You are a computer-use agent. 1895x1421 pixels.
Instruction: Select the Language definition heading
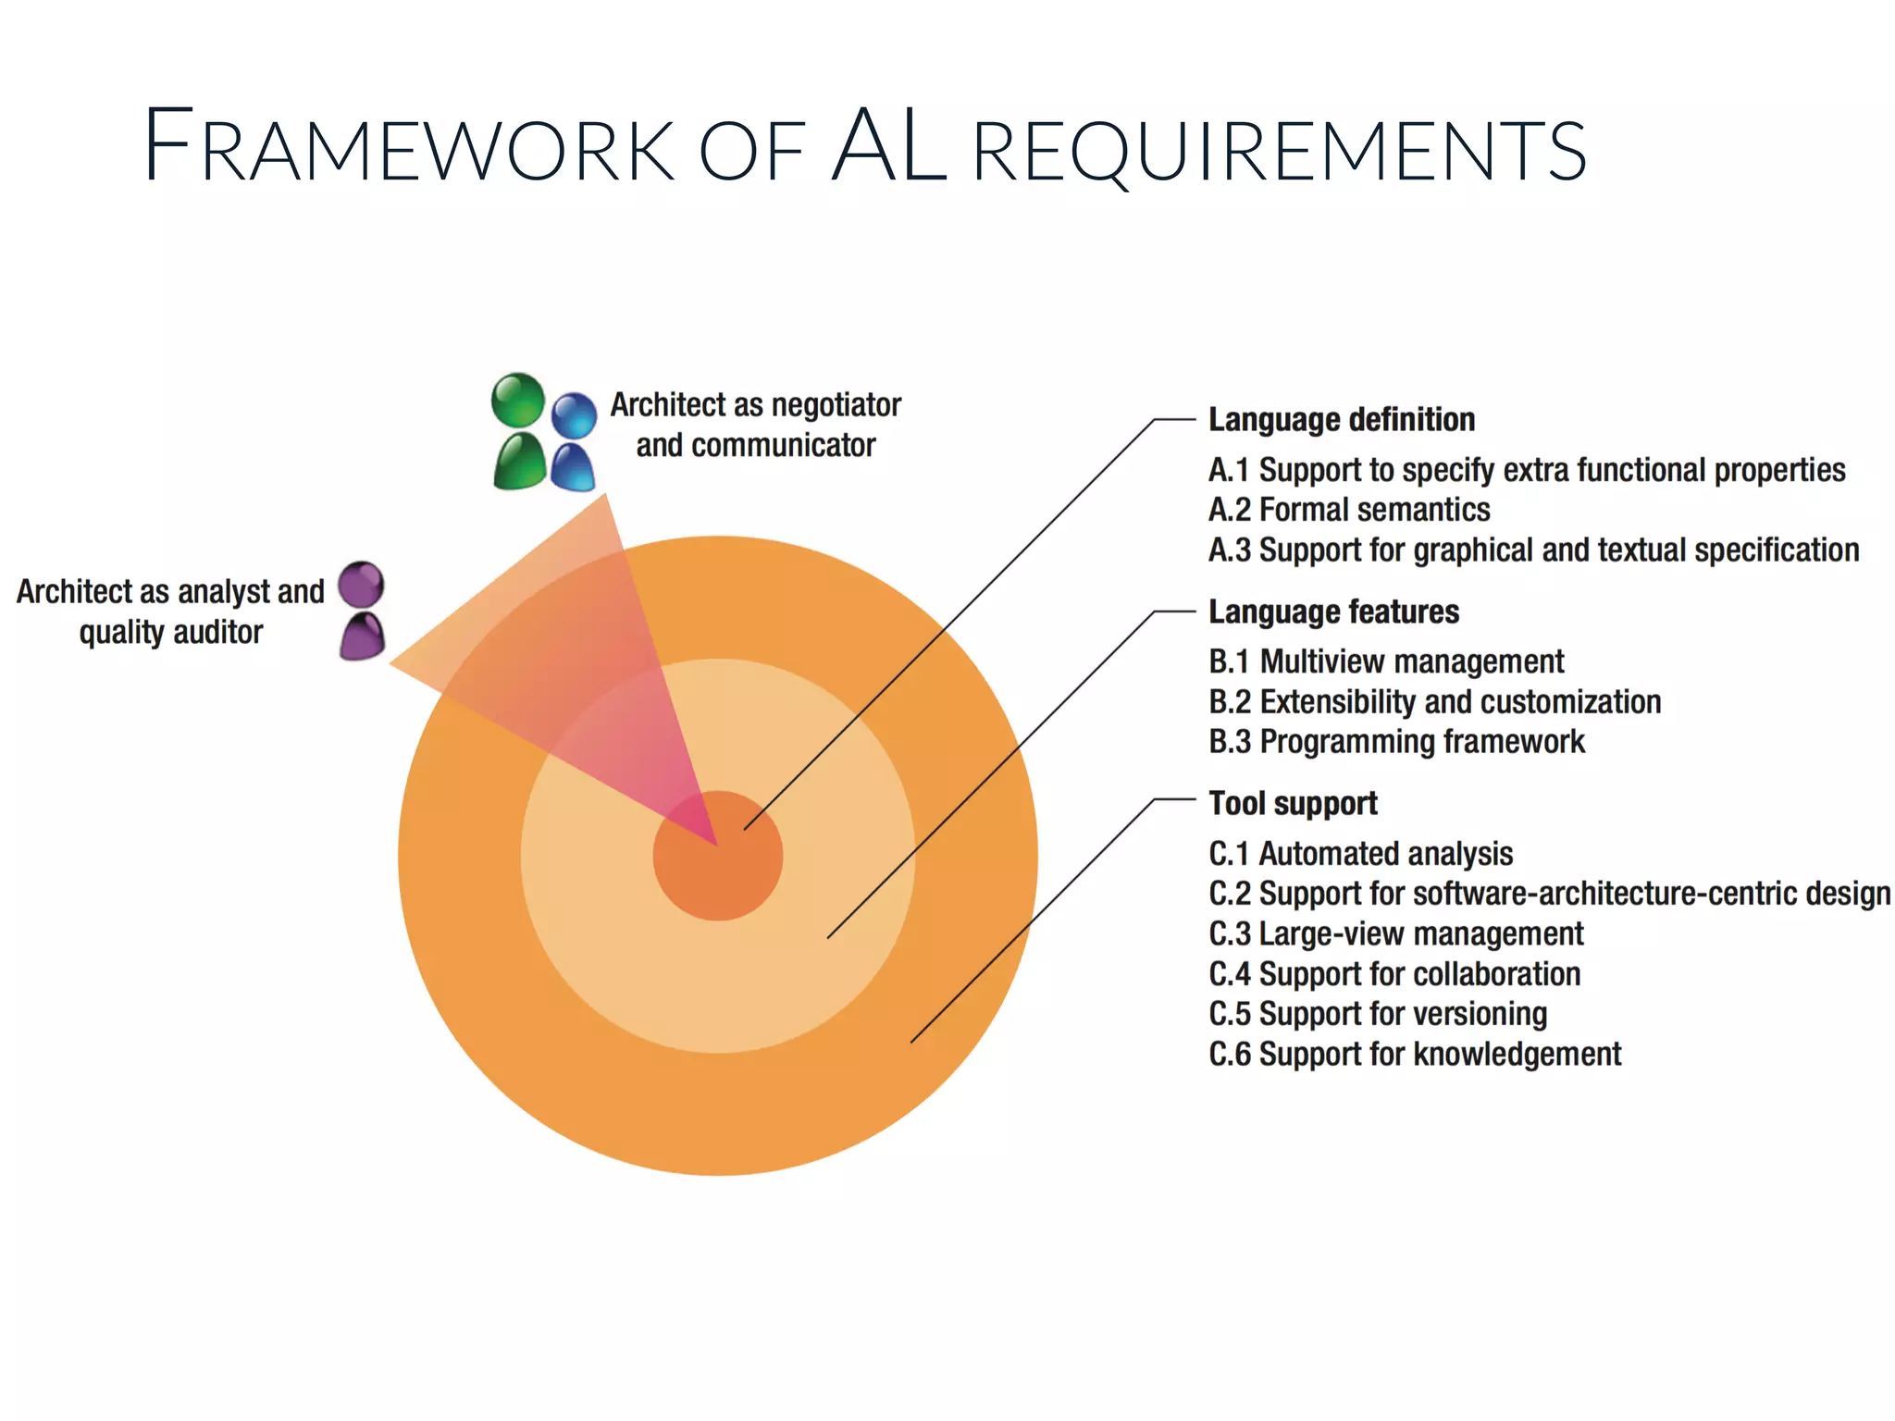point(1341,420)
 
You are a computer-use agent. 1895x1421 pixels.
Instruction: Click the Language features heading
point(1333,612)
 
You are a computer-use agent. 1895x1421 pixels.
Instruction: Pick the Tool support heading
point(1293,804)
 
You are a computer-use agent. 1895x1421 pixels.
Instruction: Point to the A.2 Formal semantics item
point(1349,511)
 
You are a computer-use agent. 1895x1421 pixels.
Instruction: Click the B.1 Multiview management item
point(1386,662)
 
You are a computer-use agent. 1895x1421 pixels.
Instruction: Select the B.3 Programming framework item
point(1396,742)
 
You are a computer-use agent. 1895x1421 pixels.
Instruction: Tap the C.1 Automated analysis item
point(1360,854)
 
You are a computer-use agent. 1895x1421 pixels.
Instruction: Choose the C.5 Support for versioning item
point(1378,1015)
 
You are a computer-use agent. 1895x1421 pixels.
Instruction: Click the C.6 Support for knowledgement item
point(1415,1055)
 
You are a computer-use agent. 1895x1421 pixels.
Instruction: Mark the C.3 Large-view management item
point(1395,934)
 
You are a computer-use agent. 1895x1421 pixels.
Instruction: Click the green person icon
point(518,432)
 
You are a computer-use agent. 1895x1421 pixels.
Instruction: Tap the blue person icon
point(574,441)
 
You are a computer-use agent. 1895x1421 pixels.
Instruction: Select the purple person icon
point(361,611)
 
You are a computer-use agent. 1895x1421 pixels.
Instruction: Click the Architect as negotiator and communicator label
point(755,426)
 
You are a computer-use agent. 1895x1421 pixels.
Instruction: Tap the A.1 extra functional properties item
point(1527,471)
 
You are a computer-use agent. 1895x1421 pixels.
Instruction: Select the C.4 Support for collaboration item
point(1394,974)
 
